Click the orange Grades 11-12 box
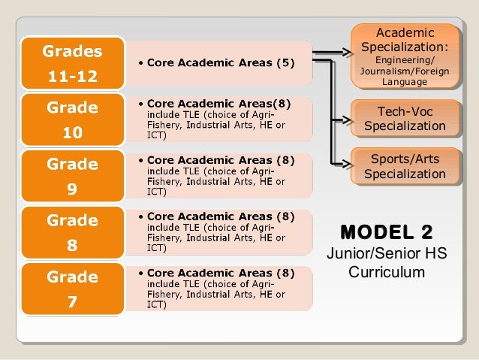click(x=72, y=63)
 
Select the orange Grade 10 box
click(x=72, y=119)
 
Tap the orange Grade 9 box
click(x=72, y=176)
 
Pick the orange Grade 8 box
click(x=72, y=232)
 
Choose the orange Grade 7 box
click(x=72, y=289)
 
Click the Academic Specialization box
click(x=405, y=56)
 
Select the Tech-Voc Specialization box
click(x=405, y=119)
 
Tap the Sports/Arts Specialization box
click(x=405, y=166)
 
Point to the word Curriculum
click(x=386, y=271)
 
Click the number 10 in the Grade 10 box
click(x=72, y=133)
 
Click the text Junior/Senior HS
click(x=386, y=253)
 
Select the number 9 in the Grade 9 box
click(x=72, y=189)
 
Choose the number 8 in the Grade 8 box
click(x=72, y=246)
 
